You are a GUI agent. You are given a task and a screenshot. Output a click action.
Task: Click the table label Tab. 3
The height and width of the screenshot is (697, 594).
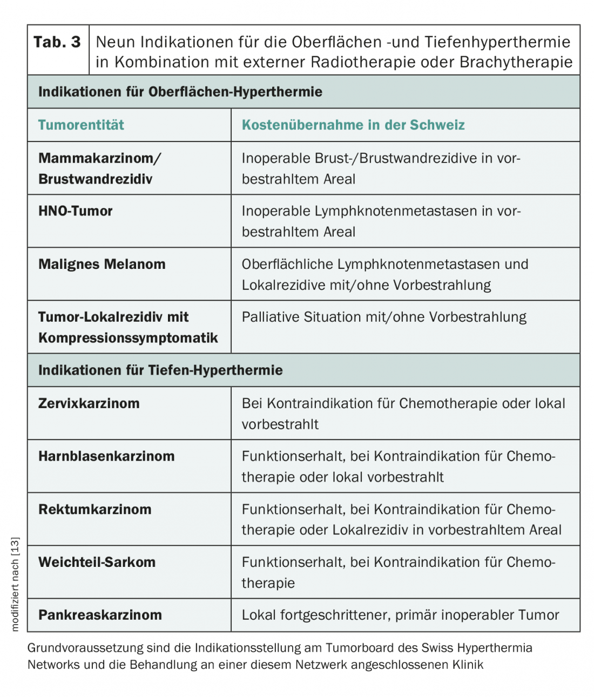(x=57, y=42)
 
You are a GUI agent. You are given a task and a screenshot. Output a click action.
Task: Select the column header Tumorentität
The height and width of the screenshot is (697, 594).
(x=81, y=125)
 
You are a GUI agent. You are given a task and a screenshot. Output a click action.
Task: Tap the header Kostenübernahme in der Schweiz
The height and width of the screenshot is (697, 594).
(x=353, y=125)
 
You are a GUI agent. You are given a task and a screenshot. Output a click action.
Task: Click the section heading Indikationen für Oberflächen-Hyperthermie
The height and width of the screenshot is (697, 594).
(x=180, y=92)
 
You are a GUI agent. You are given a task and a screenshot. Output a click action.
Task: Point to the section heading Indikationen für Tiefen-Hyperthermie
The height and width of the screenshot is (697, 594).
(x=160, y=370)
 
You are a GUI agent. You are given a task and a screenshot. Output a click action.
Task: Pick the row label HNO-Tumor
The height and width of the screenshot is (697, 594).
(x=76, y=211)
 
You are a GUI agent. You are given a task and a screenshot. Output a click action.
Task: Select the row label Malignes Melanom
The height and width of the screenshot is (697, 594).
(x=102, y=265)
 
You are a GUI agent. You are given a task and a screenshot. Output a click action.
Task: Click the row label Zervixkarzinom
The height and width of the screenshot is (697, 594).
(x=89, y=403)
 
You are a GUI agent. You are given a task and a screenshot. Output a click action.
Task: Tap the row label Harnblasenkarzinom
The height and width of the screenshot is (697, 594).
(x=106, y=456)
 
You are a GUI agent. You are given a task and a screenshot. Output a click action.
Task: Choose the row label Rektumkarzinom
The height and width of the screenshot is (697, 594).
(x=95, y=509)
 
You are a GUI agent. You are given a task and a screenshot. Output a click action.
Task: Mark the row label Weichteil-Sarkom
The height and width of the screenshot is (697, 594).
(x=97, y=562)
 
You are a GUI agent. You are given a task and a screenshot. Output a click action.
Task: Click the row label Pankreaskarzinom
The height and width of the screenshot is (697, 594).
(x=100, y=615)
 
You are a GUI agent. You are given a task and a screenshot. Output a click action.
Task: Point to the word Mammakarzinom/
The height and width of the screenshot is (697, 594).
(x=100, y=158)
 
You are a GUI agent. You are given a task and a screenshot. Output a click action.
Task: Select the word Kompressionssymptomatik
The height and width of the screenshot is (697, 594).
(x=128, y=338)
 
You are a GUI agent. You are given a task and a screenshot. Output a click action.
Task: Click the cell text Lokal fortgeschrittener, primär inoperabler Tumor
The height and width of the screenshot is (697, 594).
(x=400, y=615)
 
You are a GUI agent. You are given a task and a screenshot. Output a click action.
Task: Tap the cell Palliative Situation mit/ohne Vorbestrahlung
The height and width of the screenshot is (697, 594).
(x=384, y=317)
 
